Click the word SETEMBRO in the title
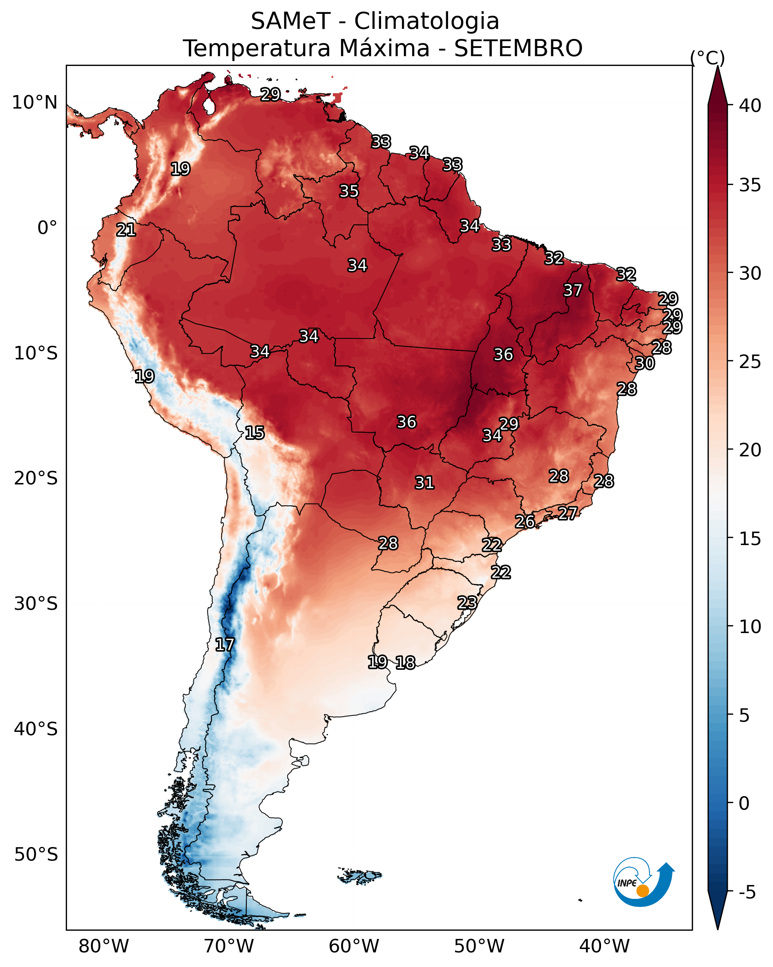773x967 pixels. (x=518, y=48)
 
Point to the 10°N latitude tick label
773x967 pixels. (x=34, y=103)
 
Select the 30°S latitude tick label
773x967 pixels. (x=36, y=604)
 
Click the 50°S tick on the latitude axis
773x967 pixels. (x=36, y=854)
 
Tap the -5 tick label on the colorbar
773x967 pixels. (x=747, y=892)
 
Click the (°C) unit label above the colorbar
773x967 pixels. (x=707, y=58)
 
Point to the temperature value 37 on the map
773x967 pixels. (x=573, y=290)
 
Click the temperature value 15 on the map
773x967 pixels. (x=255, y=433)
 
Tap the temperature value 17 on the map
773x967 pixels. (x=224, y=645)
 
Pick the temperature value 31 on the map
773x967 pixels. (x=424, y=483)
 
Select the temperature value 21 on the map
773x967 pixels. (x=126, y=230)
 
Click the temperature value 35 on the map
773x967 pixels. (x=349, y=191)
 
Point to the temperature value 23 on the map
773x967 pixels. (x=467, y=602)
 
